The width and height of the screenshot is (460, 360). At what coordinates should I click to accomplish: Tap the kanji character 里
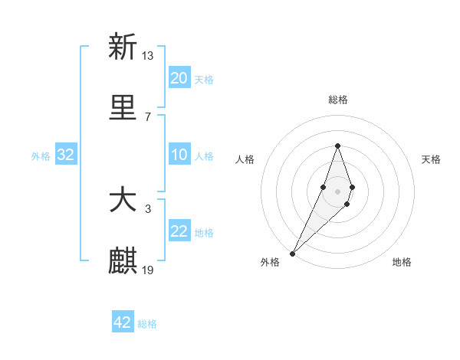[x=123, y=108]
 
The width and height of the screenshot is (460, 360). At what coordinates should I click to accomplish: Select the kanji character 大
[x=123, y=201]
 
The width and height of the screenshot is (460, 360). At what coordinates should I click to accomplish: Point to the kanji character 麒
[x=123, y=261]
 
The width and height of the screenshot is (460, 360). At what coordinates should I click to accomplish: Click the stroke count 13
[x=148, y=55]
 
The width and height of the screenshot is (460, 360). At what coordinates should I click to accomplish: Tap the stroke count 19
[x=148, y=270]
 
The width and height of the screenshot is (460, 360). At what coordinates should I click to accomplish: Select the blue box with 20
[x=179, y=78]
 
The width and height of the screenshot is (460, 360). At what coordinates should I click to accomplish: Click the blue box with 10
[x=179, y=155]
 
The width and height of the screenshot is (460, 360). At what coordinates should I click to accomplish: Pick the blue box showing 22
[x=179, y=231]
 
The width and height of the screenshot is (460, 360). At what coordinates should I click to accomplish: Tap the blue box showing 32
[x=66, y=155]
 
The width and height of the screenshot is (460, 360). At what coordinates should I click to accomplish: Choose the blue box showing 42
[x=123, y=322]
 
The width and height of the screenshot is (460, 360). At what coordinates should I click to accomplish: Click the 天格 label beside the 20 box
[x=204, y=79]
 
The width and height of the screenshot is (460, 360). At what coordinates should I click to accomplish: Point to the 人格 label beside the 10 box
[x=204, y=155]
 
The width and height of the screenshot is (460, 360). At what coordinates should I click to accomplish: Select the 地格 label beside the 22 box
[x=204, y=232]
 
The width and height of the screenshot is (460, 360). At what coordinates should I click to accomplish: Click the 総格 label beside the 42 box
[x=147, y=323]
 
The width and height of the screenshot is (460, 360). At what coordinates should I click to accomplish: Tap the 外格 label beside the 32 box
[x=41, y=155]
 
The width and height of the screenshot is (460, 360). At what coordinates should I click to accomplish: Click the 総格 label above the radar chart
[x=337, y=100]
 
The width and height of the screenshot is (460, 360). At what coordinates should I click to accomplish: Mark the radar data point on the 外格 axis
[x=293, y=253]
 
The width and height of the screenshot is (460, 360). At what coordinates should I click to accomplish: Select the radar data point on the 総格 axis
[x=337, y=146]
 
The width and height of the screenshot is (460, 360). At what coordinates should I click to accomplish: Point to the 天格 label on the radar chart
[x=431, y=159]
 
